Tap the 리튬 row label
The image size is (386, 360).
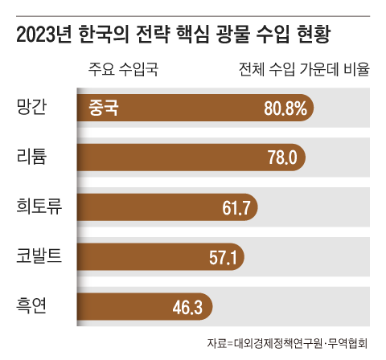(33, 155)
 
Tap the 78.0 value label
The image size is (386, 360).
(281, 157)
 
